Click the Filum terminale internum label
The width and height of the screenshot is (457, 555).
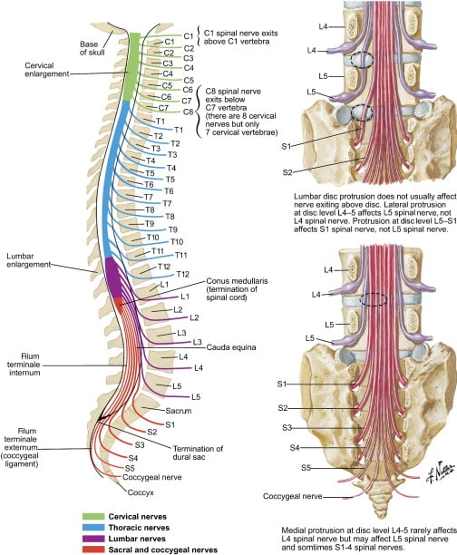(23, 365)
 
